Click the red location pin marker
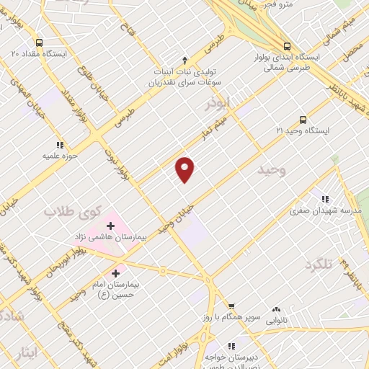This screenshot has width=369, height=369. pyautogui.click(x=185, y=169)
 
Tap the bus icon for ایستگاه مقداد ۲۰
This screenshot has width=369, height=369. pyautogui.click(x=38, y=42)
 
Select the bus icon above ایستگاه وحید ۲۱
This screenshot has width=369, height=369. pyautogui.click(x=303, y=120)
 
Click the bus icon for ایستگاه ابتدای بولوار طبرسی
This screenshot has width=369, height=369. pyautogui.click(x=287, y=44)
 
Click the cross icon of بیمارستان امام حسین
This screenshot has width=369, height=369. pyautogui.click(x=115, y=274)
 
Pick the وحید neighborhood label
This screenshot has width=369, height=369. pyautogui.click(x=271, y=169)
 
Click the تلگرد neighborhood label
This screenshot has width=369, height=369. pyautogui.click(x=319, y=265)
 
